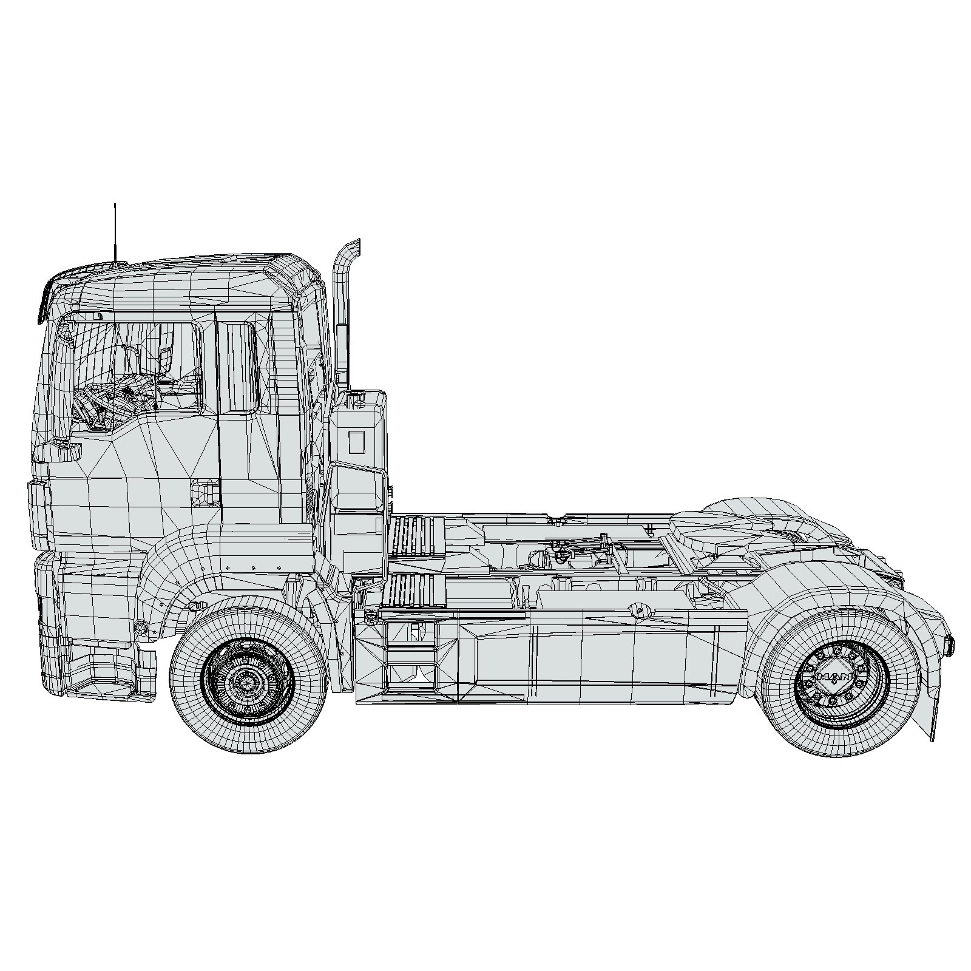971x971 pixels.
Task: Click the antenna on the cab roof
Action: [115, 234]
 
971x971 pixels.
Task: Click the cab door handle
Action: [205, 491]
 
